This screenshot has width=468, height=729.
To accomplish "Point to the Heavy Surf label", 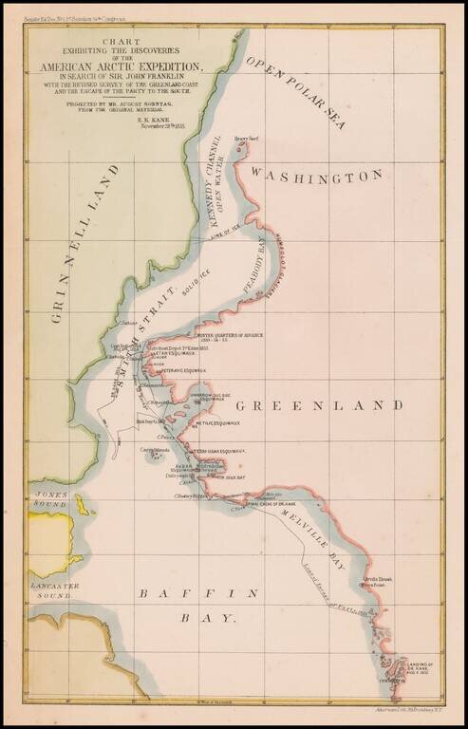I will tap(247, 139).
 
